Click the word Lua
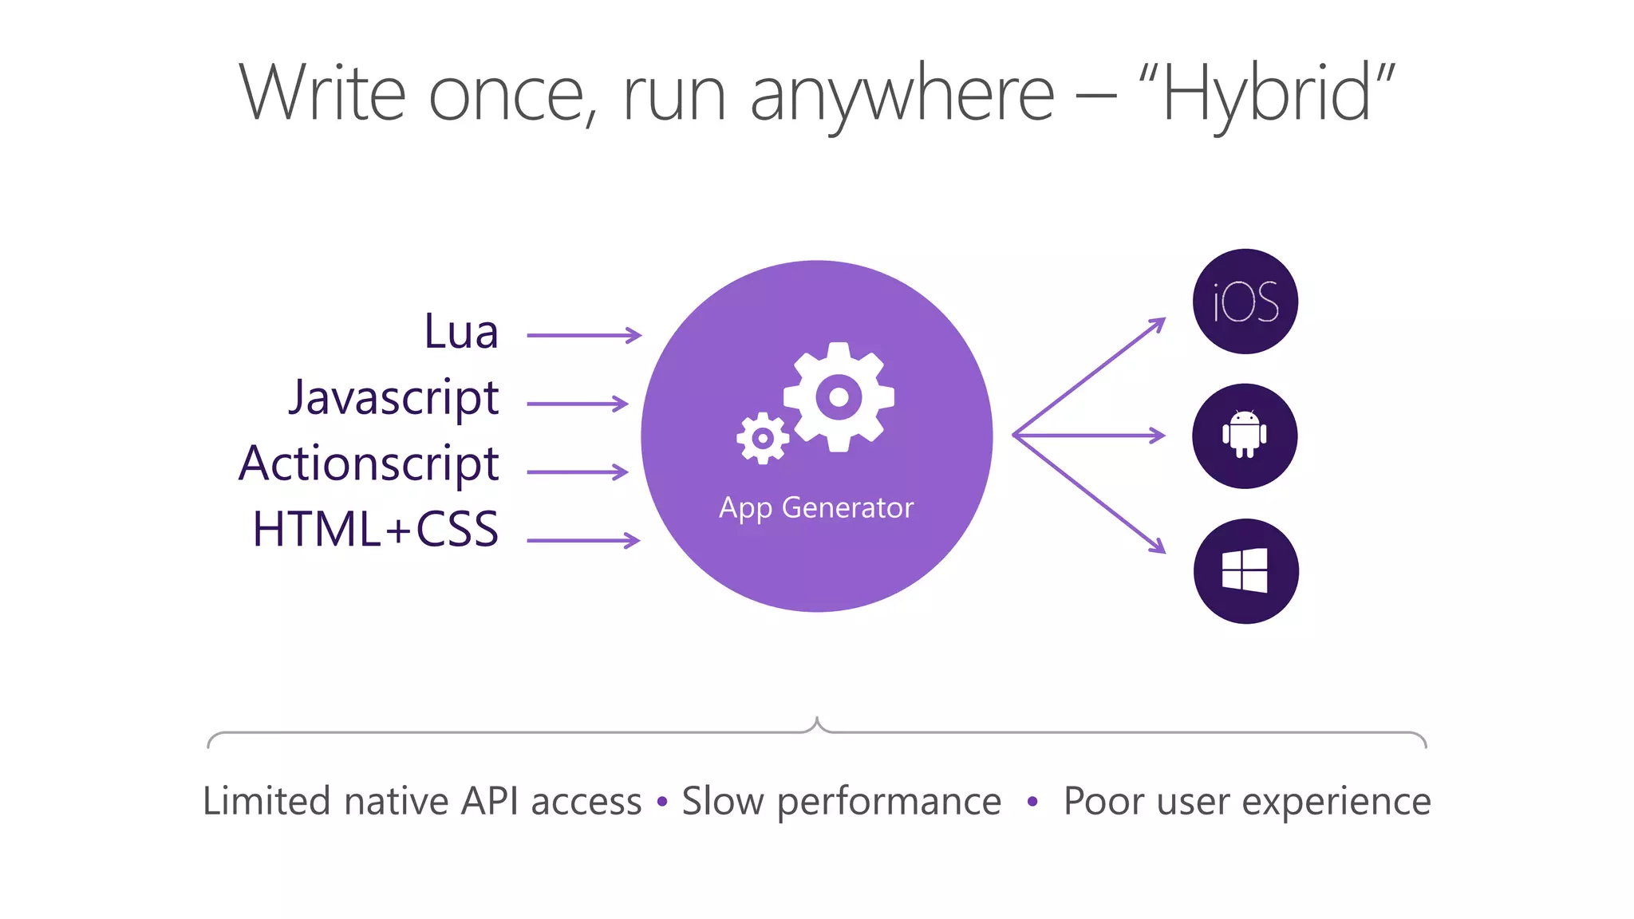(460, 332)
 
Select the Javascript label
(393, 398)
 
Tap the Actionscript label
(369, 464)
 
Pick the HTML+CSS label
(375, 530)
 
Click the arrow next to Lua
(584, 336)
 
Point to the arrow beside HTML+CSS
(583, 541)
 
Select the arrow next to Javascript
(578, 404)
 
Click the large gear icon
(839, 397)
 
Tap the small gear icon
(763, 438)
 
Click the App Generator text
(816, 508)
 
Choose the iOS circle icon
(1245, 302)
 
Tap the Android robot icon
(1245, 436)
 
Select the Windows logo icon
(1245, 571)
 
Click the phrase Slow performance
(841, 802)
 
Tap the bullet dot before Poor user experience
(1032, 801)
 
